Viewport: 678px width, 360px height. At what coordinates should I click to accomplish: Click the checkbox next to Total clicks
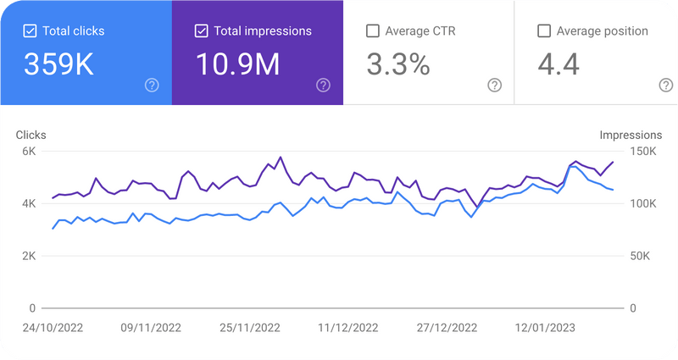coord(30,31)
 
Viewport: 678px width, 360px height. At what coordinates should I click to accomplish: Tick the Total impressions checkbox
coord(201,31)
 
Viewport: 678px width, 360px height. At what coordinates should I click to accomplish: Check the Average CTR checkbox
coord(372,31)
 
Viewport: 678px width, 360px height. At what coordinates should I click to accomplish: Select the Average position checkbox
coord(544,31)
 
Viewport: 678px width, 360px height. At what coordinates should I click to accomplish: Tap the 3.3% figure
coord(398,65)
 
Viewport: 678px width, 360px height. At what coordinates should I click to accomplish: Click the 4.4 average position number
coord(559,65)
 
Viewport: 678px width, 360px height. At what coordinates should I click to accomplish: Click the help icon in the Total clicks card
coord(152,85)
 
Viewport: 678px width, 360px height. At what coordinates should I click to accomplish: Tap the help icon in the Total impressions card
coord(323,85)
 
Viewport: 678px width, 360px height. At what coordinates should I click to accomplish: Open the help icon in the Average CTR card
coord(495,85)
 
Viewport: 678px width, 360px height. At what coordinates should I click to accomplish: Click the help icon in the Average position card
coord(666,85)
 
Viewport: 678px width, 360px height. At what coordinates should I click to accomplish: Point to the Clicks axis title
coord(31,135)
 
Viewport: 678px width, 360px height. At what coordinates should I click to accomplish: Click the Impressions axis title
coord(630,135)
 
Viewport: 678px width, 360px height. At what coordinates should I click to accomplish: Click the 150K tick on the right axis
coord(642,152)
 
